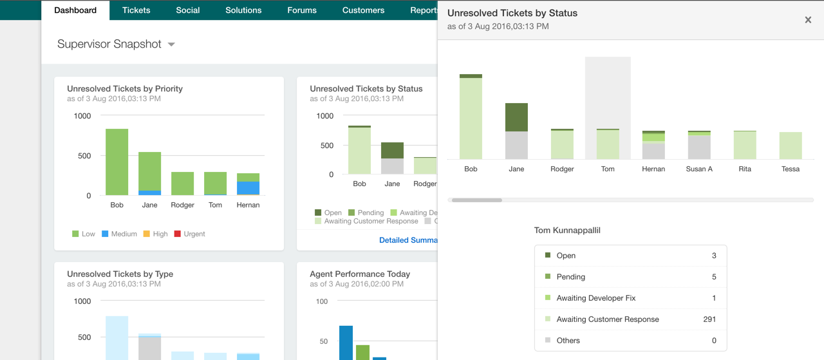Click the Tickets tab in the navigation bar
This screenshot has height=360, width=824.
[136, 10]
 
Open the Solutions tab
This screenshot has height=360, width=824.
[243, 10]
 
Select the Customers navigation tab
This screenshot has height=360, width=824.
[363, 10]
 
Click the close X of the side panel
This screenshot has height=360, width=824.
[808, 20]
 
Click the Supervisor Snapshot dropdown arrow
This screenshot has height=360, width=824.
[171, 44]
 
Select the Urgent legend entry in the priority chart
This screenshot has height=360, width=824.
[194, 234]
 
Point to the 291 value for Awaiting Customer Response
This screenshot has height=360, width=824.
[709, 319]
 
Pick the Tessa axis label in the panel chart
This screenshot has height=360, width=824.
[791, 169]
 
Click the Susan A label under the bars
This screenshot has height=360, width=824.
[699, 169]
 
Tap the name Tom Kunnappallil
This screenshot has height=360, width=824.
[567, 230]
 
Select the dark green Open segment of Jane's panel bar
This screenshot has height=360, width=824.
[516, 117]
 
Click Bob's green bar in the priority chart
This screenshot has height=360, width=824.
[117, 162]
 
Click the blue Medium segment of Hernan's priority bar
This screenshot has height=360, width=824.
[248, 187]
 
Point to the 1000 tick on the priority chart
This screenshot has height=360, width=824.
[82, 116]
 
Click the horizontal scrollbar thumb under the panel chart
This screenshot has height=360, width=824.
[476, 200]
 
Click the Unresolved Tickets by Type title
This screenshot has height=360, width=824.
[120, 274]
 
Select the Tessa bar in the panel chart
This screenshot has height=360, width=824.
[791, 146]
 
